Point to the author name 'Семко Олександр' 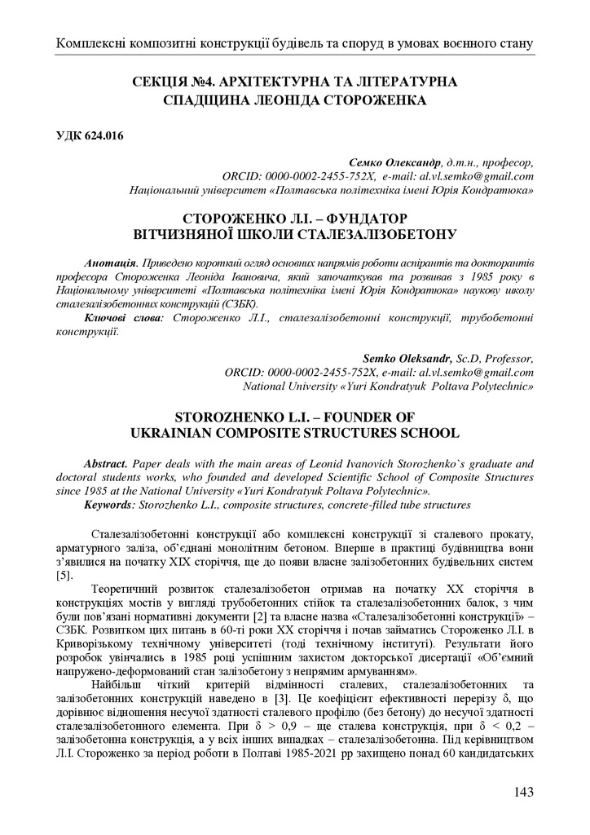pyautogui.click(x=394, y=162)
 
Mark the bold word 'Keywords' pyautogui.click(x=110, y=505)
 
